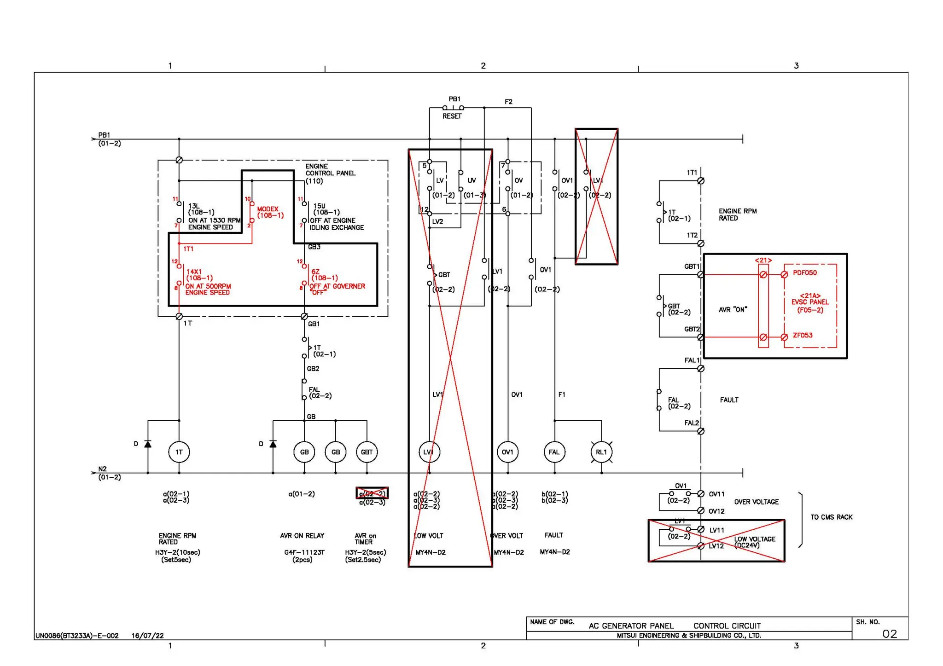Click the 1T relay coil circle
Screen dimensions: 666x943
(179, 452)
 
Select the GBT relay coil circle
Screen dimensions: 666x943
(367, 452)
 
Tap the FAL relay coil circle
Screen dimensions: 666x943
(554, 452)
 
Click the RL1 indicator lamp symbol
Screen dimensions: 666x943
(601, 452)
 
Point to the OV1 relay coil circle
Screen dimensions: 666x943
(507, 452)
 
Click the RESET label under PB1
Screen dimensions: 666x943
(452, 116)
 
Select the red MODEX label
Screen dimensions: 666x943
(268, 209)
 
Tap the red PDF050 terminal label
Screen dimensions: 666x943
(804, 273)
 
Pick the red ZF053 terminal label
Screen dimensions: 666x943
(803, 335)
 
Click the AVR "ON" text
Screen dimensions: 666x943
(733, 310)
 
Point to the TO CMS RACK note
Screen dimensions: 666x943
(831, 517)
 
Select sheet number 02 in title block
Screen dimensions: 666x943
(889, 634)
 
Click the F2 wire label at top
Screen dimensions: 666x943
(508, 102)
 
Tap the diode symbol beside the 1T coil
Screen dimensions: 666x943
(148, 444)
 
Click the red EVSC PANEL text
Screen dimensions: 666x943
(810, 302)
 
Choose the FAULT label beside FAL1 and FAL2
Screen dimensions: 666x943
(729, 400)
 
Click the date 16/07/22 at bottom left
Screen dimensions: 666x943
(147, 636)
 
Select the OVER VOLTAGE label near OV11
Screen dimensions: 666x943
(756, 502)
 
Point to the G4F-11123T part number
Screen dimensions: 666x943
(304, 552)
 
